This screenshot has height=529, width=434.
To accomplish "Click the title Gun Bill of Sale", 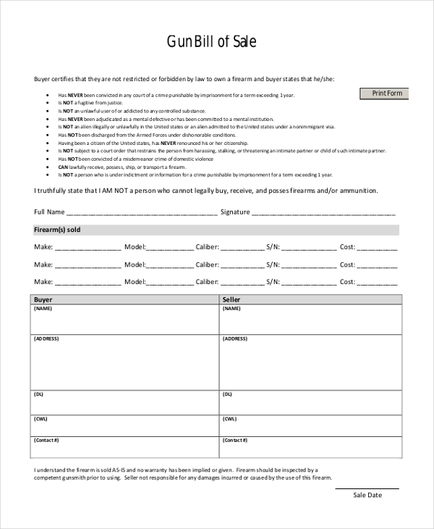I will point(211,42).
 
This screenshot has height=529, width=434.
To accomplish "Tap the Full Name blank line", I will point(142,213).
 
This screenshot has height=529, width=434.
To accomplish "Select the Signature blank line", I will point(323,213).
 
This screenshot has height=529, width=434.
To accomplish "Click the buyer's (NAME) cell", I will point(124,319).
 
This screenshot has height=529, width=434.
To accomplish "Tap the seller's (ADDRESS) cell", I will point(310,362).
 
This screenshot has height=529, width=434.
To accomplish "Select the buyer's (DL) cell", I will point(124,401).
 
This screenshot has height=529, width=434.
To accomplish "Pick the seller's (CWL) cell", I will point(310,425).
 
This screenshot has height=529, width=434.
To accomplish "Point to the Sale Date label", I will point(367,495).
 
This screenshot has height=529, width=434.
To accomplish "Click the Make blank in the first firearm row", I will point(88,247).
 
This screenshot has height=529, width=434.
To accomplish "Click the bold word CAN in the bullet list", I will point(63,167).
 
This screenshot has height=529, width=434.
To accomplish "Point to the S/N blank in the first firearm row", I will point(309,247).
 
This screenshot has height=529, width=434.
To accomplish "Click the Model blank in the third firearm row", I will point(170,282).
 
